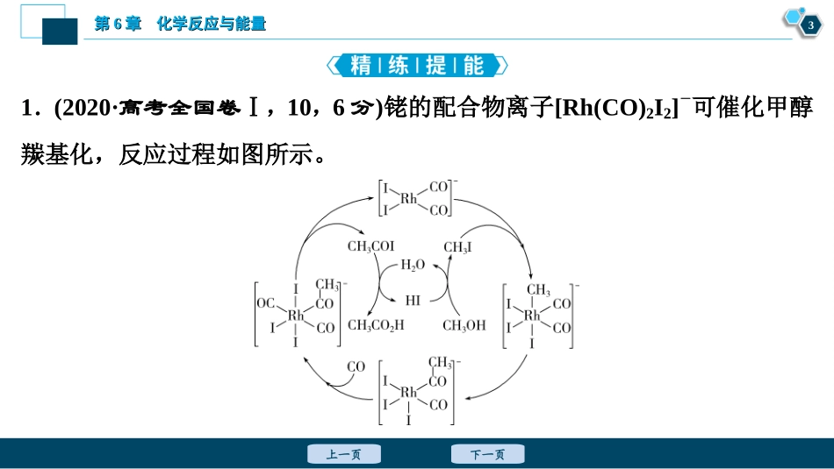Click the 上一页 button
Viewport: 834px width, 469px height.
point(343,454)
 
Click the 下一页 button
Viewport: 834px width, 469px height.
point(487,454)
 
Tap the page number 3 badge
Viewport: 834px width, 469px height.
point(809,26)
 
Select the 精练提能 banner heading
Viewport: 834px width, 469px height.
point(417,65)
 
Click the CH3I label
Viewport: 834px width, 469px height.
point(457,248)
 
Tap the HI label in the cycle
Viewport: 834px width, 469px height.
point(413,301)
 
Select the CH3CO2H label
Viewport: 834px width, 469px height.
point(377,325)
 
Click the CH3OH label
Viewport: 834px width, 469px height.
point(464,325)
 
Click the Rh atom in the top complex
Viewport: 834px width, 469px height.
point(409,199)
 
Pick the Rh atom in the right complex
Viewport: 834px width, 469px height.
point(533,315)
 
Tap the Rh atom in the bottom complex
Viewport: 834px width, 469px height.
point(409,392)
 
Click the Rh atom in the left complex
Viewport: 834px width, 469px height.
point(296,315)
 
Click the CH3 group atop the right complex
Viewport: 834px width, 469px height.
point(538,290)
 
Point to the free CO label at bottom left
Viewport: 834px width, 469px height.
point(356,366)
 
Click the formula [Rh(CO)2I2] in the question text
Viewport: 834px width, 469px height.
point(615,108)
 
